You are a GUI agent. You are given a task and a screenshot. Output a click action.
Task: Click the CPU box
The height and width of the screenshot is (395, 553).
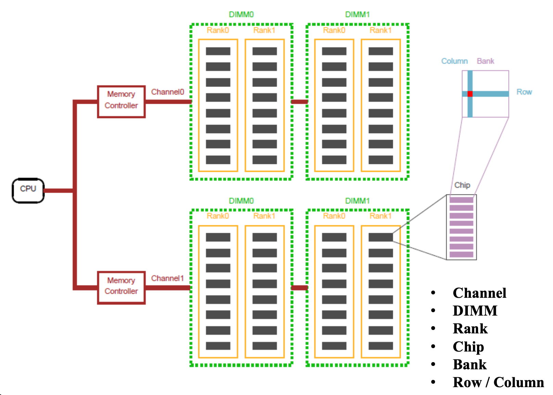(28, 190)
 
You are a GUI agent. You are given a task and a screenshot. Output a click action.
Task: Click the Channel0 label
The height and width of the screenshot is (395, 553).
(167, 92)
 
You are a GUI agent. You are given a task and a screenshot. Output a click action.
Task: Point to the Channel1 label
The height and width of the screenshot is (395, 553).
(167, 278)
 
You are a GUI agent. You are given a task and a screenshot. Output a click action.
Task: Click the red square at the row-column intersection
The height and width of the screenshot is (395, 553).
(470, 94)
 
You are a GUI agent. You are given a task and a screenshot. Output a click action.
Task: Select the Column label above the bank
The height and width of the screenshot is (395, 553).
(454, 61)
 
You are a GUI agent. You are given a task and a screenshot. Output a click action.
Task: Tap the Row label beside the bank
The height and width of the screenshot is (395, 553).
(524, 92)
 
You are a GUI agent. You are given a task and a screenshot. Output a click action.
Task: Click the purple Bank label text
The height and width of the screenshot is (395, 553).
(485, 61)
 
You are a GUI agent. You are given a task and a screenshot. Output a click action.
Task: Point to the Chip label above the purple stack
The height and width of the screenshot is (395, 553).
(462, 185)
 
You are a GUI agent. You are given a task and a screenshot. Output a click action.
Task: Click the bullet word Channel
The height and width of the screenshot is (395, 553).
(479, 293)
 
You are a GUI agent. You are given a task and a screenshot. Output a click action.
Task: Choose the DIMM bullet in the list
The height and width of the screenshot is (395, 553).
(475, 311)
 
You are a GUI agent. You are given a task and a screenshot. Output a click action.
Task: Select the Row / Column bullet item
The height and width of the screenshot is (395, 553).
(498, 383)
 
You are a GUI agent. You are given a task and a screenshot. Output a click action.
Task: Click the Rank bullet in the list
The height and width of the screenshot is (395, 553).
(470, 329)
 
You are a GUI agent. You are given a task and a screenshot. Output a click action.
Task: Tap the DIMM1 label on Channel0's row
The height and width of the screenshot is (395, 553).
(357, 15)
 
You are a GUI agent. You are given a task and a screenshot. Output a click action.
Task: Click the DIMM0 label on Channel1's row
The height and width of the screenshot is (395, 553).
(241, 201)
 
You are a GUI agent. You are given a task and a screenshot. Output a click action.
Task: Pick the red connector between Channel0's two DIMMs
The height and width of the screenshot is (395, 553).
(299, 102)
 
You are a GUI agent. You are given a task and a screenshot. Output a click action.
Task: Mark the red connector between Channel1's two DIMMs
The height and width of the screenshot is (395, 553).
(299, 288)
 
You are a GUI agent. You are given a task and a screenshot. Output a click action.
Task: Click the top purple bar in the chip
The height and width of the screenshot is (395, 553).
(461, 200)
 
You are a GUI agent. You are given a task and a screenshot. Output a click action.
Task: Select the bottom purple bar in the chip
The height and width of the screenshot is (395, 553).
(461, 254)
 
